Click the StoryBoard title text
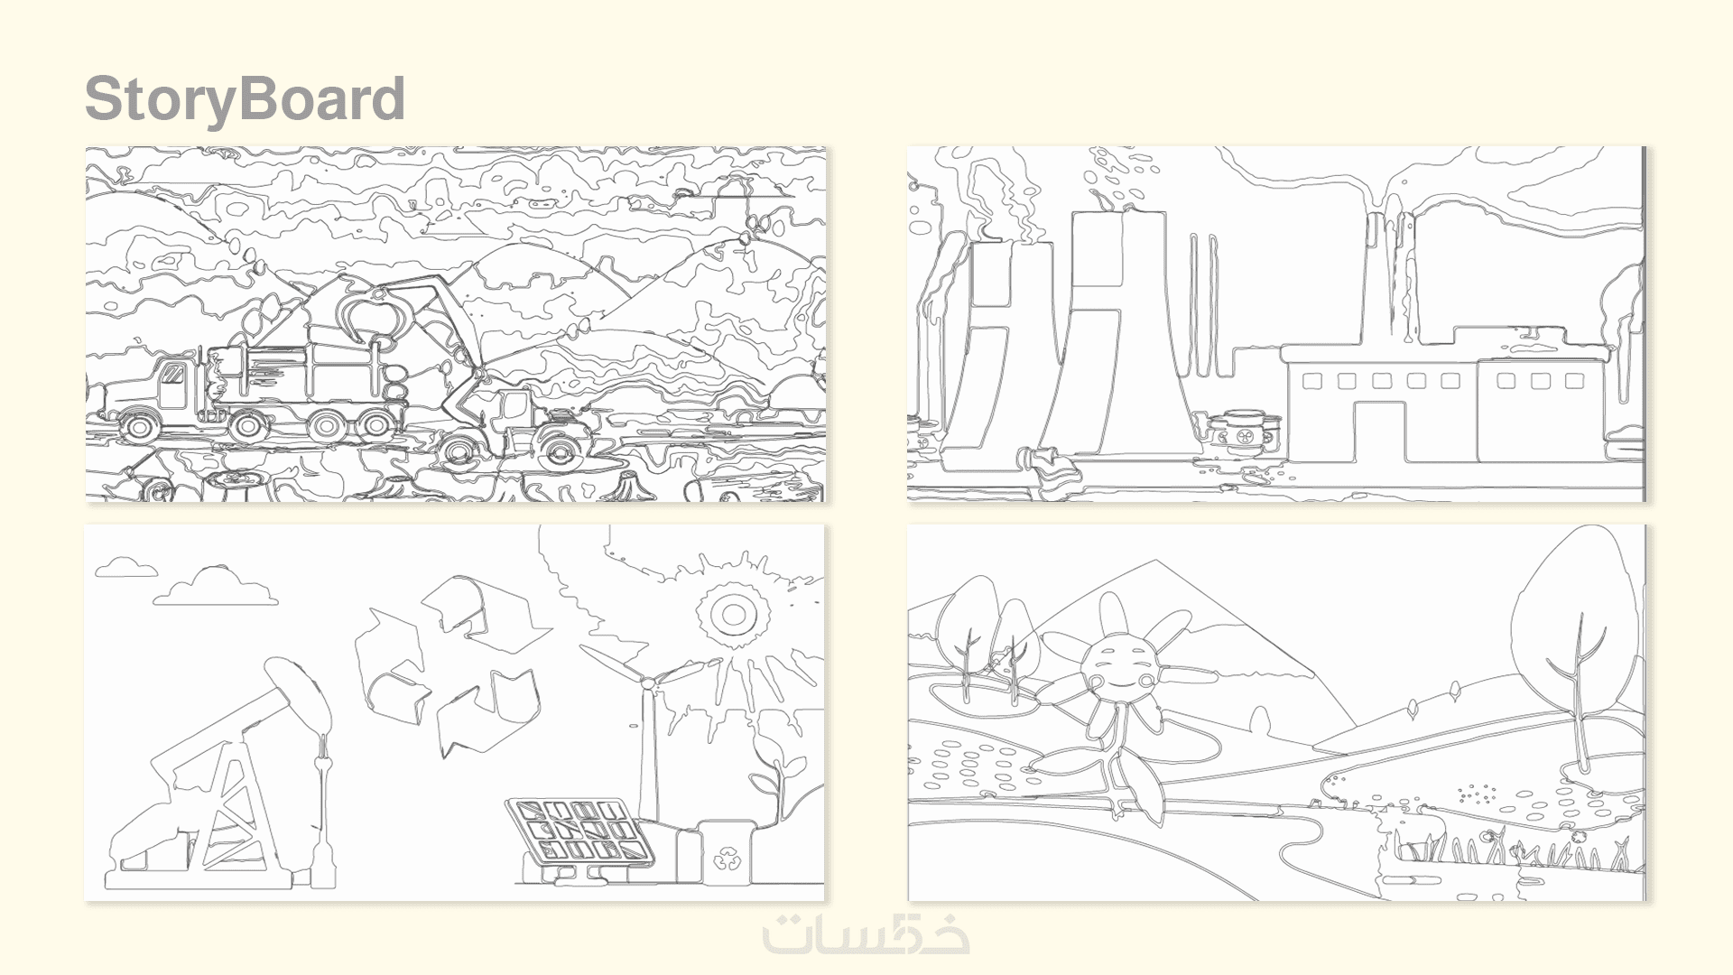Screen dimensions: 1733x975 [245, 98]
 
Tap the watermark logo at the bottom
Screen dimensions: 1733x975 [866, 933]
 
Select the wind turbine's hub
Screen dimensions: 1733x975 [647, 683]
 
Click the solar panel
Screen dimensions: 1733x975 [579, 831]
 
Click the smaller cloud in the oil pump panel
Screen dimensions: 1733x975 [126, 567]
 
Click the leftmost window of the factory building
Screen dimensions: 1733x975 [1312, 381]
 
